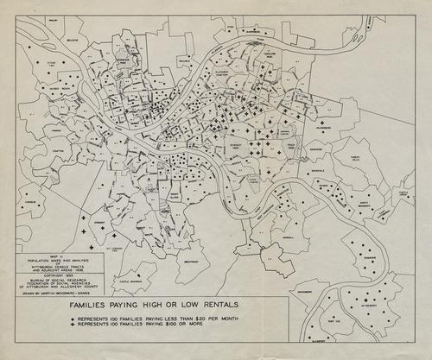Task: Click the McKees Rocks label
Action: [59, 89]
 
